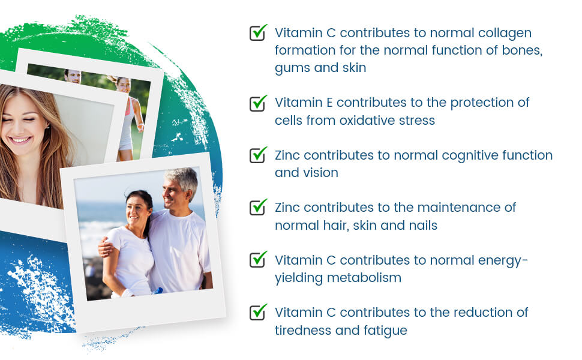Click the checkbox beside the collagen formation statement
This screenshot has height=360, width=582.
(x=258, y=32)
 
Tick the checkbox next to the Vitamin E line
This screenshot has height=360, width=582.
(x=258, y=103)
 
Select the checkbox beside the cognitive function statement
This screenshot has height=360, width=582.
(x=258, y=155)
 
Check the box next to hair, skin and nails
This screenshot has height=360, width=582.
(x=258, y=207)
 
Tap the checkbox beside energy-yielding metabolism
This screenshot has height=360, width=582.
(x=258, y=259)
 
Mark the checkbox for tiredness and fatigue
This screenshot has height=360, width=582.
(x=258, y=312)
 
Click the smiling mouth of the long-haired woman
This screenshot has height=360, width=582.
(x=19, y=140)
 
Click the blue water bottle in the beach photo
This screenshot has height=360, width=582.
(x=157, y=291)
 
